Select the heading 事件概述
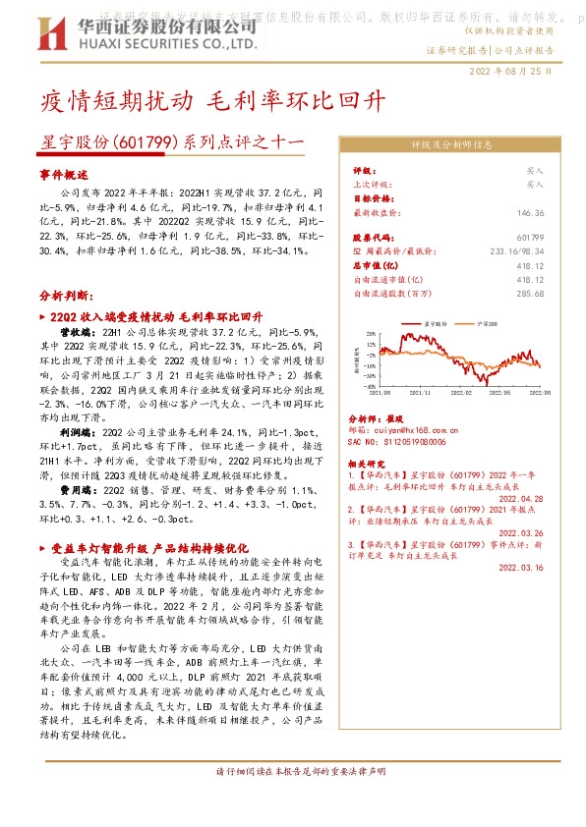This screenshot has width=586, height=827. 64,172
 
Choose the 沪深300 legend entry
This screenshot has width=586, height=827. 486,322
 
